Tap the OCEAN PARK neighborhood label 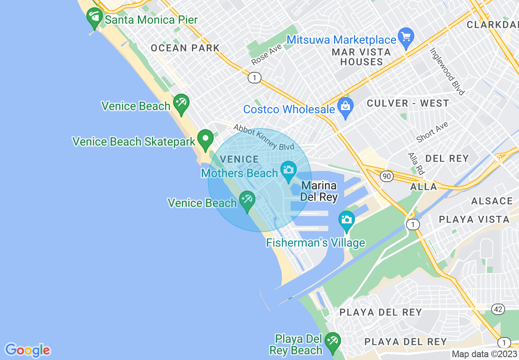tap(185, 48)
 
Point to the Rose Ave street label tap(267, 54)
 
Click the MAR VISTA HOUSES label tap(361, 57)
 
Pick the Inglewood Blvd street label tap(447, 71)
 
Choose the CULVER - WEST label tap(408, 103)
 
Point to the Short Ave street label tap(432, 132)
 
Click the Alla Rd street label tap(415, 163)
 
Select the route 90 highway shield tap(386, 176)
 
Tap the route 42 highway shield tap(498, 309)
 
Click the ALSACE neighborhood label tap(492, 201)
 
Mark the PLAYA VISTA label tap(474, 219)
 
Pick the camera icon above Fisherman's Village tap(346, 220)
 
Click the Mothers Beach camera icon tap(289, 169)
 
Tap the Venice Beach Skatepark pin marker tap(205, 139)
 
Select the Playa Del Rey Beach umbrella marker tap(332, 341)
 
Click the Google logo tap(27, 350)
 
